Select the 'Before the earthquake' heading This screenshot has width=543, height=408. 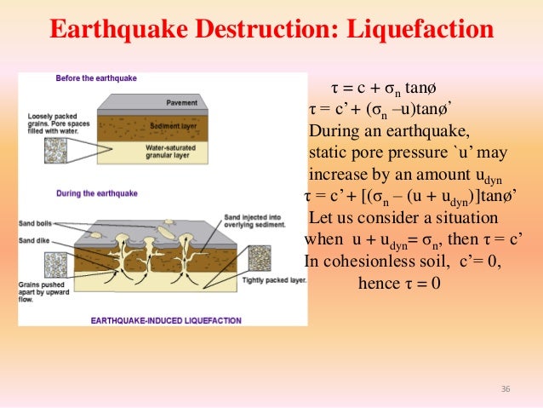click(x=96, y=78)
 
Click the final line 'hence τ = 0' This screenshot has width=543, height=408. click(x=397, y=283)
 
